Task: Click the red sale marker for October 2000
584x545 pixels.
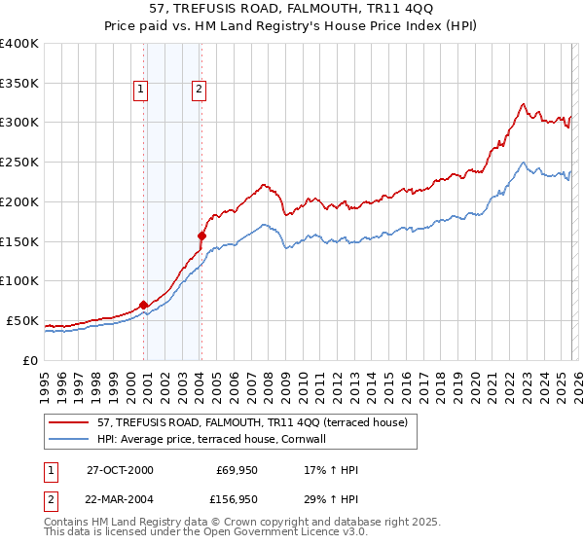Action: (144, 305)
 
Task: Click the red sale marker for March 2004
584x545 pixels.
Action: (201, 236)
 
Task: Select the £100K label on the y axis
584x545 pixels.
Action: (19, 280)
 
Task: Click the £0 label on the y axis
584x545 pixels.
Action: (31, 360)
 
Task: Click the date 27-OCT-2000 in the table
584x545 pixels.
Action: (120, 470)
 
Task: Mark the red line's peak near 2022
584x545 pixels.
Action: (523, 104)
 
